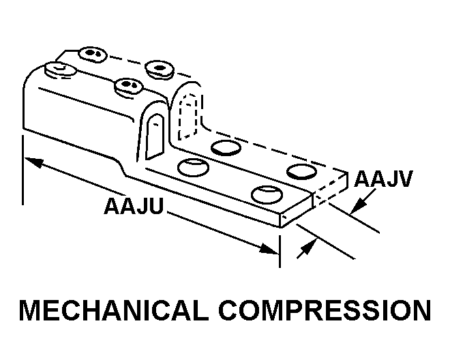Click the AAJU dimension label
(x=134, y=205)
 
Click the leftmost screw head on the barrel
(x=55, y=69)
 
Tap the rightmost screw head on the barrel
(x=159, y=67)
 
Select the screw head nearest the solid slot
(x=127, y=85)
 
